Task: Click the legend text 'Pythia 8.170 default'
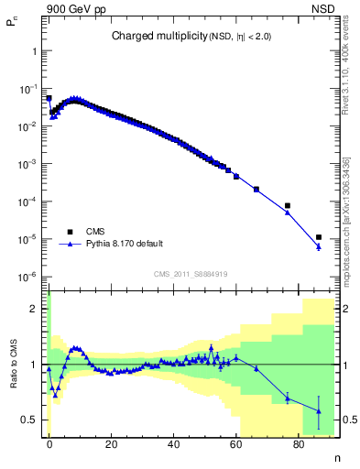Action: click(x=124, y=244)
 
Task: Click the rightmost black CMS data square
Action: click(x=318, y=237)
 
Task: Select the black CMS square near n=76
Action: click(x=287, y=206)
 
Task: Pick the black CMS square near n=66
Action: click(x=256, y=190)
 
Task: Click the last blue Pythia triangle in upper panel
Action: click(x=318, y=246)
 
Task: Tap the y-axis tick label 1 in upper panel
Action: click(x=35, y=51)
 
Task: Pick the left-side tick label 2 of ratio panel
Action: click(x=37, y=309)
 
